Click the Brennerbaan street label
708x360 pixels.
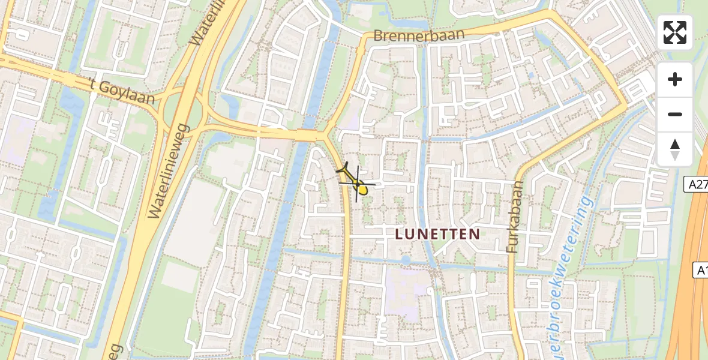pos(419,35)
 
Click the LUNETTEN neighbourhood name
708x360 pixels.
pos(438,234)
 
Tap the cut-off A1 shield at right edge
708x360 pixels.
pos(701,270)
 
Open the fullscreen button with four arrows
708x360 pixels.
pos(675,32)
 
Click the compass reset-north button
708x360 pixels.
pos(675,149)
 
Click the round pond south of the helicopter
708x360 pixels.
pos(406,260)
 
